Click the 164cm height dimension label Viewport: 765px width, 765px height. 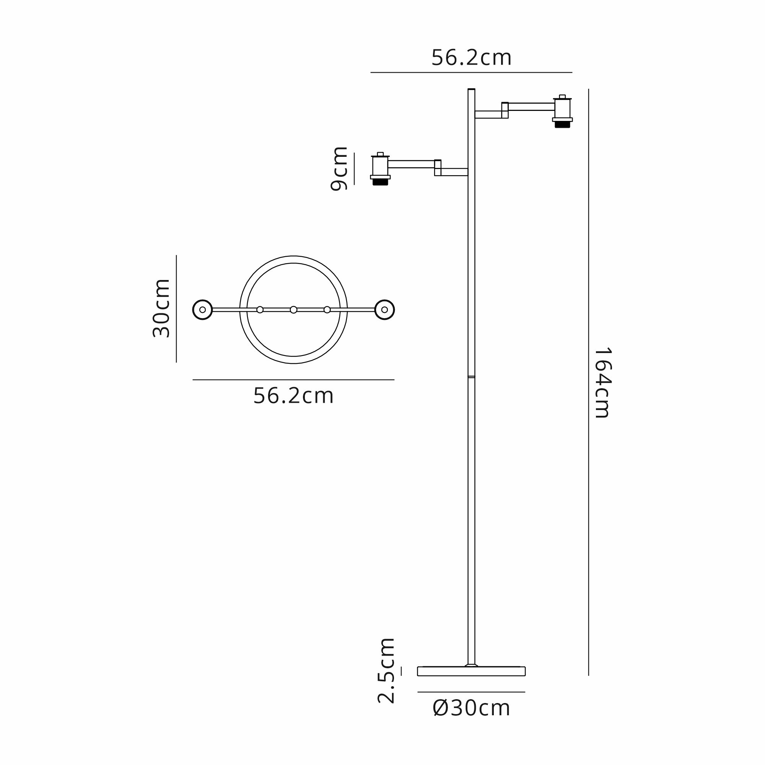point(603,383)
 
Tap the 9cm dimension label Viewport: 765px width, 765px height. point(339,169)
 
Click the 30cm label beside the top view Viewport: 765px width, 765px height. point(161,308)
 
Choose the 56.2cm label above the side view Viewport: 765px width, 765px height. point(471,58)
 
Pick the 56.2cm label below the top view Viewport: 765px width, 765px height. point(293,396)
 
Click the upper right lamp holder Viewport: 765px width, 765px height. point(562,111)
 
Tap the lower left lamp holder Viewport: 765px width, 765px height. point(380,169)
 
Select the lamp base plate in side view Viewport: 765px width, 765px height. point(471,671)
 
